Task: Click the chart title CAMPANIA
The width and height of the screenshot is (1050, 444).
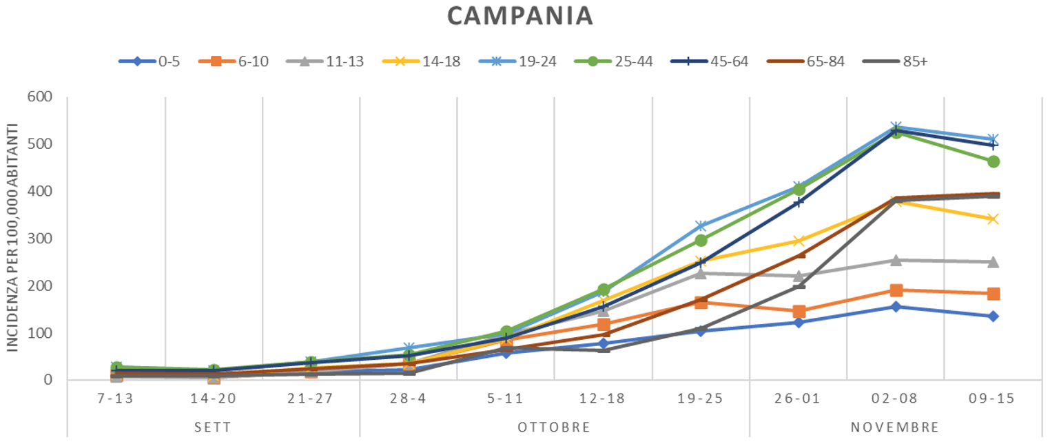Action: pyautogui.click(x=520, y=15)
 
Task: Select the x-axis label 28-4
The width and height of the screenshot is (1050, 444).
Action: pyautogui.click(x=409, y=399)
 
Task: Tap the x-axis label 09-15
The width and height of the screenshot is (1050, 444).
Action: pyautogui.click(x=992, y=399)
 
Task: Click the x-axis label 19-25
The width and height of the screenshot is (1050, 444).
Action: pyautogui.click(x=700, y=399)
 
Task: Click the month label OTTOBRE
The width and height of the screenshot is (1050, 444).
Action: pyautogui.click(x=554, y=427)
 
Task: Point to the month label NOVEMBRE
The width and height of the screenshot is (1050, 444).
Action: pyautogui.click(x=895, y=427)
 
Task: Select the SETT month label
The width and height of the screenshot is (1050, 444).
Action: pyautogui.click(x=213, y=427)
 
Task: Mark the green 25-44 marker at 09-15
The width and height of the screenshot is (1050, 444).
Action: pyautogui.click(x=994, y=161)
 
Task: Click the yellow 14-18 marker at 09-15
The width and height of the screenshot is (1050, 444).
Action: pyautogui.click(x=994, y=219)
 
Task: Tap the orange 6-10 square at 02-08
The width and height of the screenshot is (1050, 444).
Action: pyautogui.click(x=896, y=290)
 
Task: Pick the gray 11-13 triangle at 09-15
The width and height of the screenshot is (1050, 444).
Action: pyautogui.click(x=994, y=262)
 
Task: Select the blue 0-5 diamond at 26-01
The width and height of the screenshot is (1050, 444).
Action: pyautogui.click(x=799, y=323)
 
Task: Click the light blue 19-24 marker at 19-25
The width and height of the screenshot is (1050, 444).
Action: pyautogui.click(x=701, y=226)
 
